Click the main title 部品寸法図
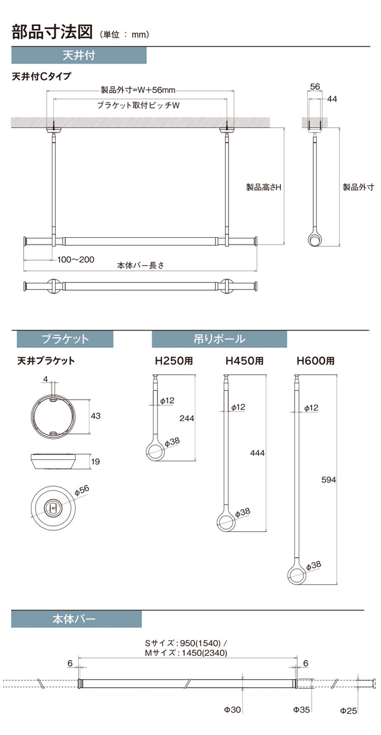(x=52, y=32)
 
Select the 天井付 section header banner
(x=79, y=55)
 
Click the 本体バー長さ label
(x=140, y=265)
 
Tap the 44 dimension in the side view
(x=332, y=99)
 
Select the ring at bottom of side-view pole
(x=315, y=239)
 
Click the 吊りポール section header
(x=219, y=339)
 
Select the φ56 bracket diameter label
(x=81, y=490)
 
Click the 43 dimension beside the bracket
(x=96, y=416)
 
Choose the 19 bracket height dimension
(x=96, y=461)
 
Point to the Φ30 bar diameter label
(x=232, y=724)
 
